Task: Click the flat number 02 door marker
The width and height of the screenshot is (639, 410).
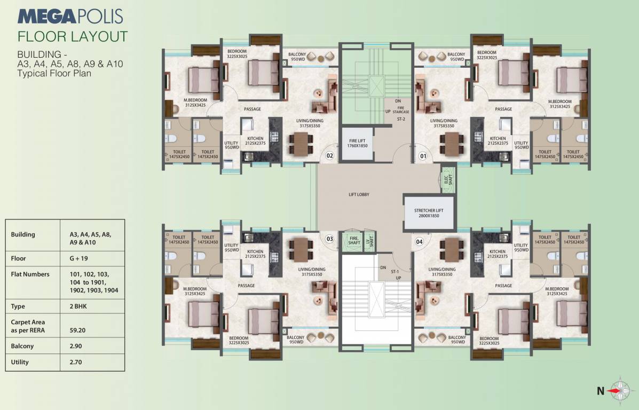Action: pos(330,156)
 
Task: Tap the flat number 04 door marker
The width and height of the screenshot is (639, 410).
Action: pos(419,241)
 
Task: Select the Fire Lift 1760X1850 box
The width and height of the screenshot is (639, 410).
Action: pos(358,143)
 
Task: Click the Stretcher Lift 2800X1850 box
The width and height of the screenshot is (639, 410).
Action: pos(429,207)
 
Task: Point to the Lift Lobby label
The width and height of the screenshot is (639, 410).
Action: pos(358,194)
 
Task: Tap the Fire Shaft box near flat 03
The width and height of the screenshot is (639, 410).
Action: pos(353,240)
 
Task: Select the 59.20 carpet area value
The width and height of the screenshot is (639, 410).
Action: pos(78,330)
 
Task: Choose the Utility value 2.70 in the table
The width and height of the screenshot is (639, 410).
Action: pos(75,362)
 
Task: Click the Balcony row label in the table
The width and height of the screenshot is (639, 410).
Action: pos(22,346)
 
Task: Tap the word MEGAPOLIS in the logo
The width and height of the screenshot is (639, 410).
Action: pos(70,16)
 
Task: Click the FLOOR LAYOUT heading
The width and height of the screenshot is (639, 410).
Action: pos(73,36)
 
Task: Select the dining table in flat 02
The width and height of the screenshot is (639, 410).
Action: pos(301,144)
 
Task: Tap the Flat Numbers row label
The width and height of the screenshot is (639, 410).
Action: pos(30,274)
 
